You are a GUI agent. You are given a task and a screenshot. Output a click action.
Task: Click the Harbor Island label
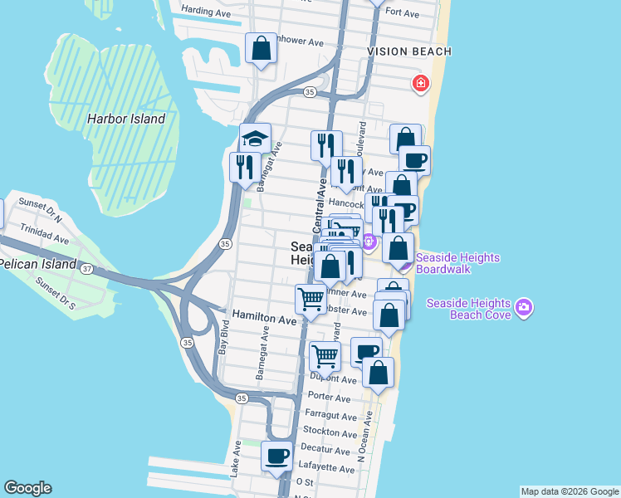click(x=126, y=119)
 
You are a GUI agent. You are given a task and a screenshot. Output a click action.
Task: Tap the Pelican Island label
click(x=37, y=265)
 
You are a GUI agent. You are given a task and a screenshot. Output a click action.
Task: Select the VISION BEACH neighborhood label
click(x=409, y=51)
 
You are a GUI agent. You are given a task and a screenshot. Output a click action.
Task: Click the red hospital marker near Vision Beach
click(x=421, y=83)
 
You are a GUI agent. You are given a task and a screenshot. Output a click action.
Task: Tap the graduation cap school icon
click(x=256, y=138)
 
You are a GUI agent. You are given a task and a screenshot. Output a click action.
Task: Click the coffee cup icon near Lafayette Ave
click(x=276, y=456)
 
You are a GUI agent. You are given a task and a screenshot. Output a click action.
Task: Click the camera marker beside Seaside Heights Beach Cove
click(x=523, y=308)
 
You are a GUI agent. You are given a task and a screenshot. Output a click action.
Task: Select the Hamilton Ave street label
click(x=264, y=319)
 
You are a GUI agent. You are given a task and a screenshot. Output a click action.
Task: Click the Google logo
click(x=27, y=488)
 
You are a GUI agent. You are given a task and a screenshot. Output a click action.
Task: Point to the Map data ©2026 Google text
click(x=569, y=491)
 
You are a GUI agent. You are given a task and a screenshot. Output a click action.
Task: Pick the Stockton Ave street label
click(x=330, y=432)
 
